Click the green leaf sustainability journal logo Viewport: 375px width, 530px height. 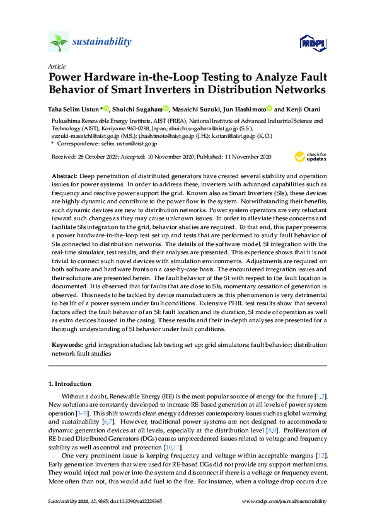59,43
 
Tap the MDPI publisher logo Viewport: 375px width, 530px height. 313,43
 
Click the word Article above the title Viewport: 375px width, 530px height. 55,66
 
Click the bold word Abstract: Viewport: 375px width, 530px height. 64,173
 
